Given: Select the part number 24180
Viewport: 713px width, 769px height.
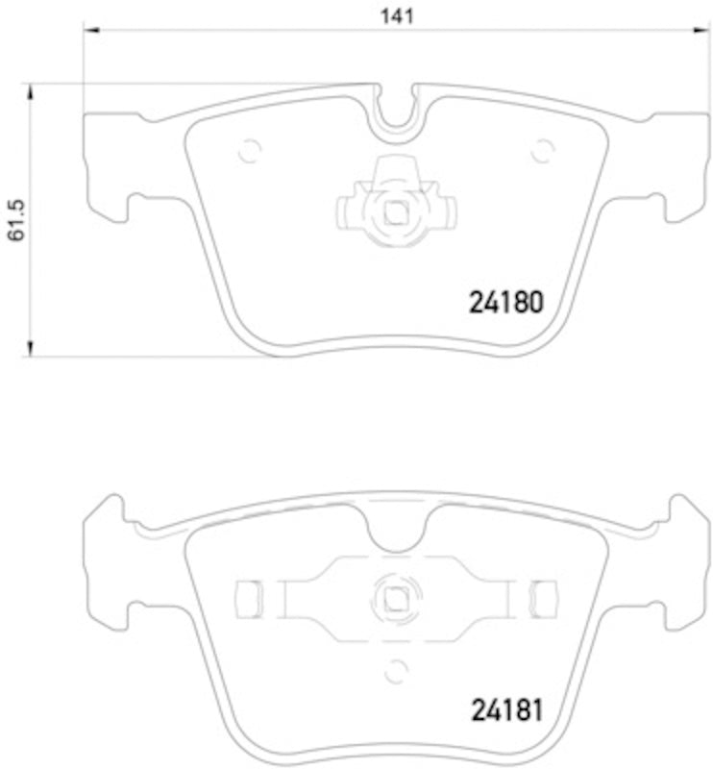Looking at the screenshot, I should [506, 303].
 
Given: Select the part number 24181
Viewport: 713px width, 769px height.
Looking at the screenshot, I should [506, 711].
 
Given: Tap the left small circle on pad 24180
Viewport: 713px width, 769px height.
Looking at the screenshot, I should [249, 150].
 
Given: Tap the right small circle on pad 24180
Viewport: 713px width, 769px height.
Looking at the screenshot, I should [543, 150].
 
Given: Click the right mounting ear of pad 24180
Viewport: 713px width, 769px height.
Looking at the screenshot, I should [681, 163].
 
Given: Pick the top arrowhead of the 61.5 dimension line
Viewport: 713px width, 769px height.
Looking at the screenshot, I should [31, 91].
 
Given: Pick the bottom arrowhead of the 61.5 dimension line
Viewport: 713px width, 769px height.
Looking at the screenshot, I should [31, 349].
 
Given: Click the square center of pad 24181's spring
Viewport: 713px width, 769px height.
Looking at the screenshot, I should [394, 599].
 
